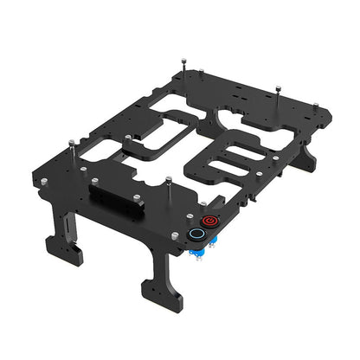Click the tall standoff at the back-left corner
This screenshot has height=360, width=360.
[x=183, y=66]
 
